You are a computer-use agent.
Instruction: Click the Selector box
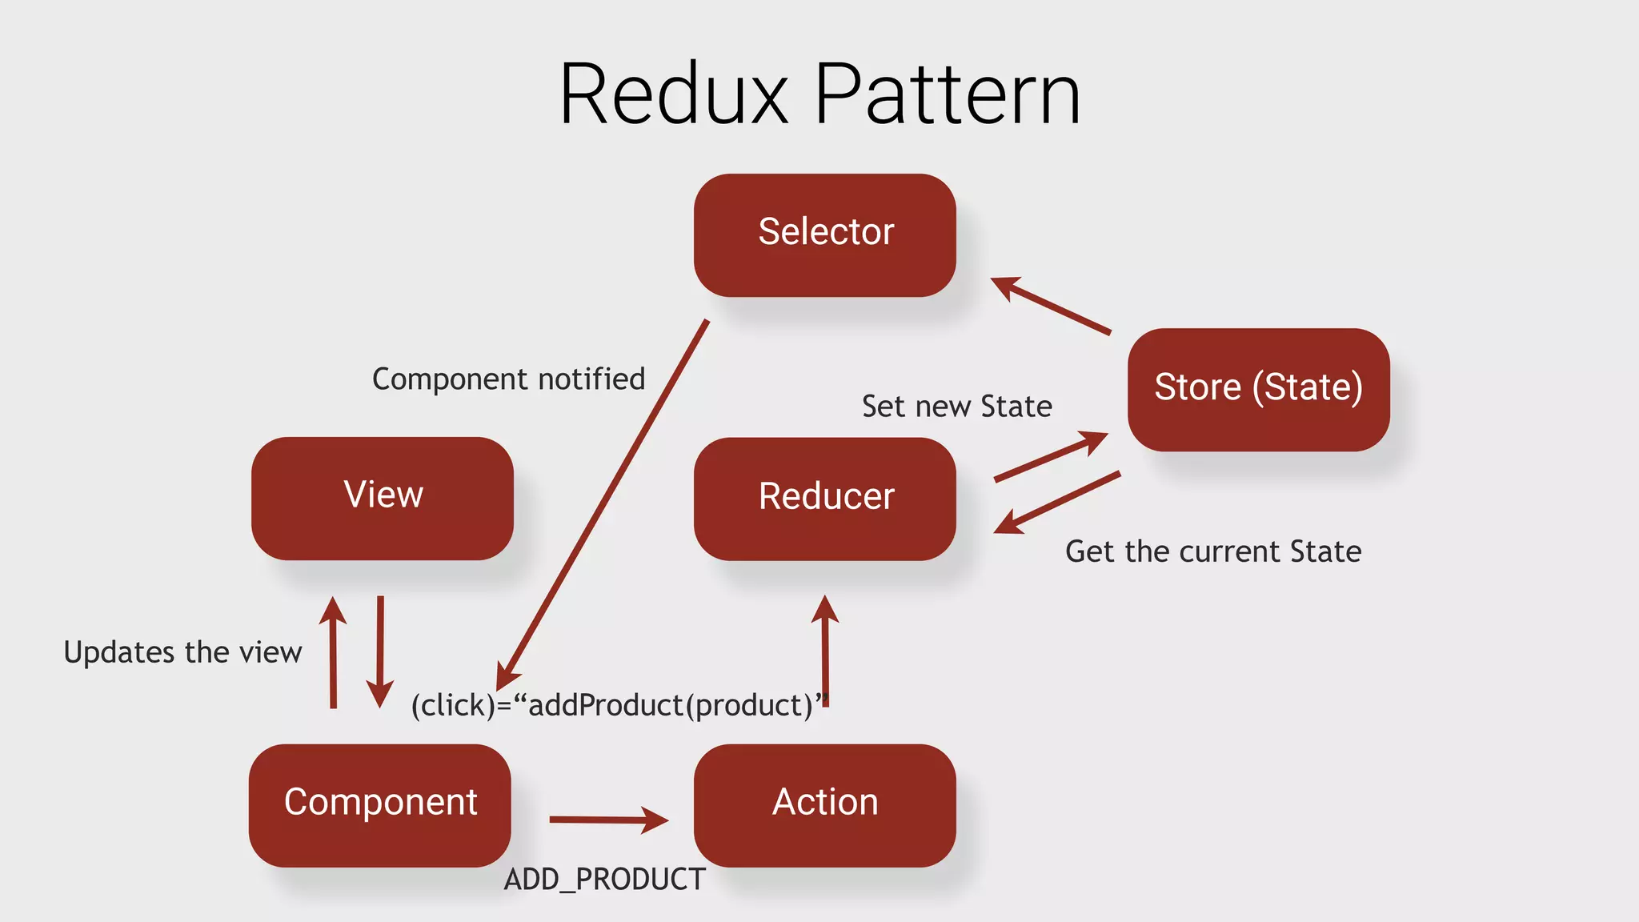(824, 235)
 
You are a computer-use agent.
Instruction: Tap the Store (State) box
(1258, 389)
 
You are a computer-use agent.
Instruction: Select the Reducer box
(824, 498)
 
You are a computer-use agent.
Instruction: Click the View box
(383, 497)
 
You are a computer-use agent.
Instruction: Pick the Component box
(379, 804)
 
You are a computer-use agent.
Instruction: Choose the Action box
(824, 804)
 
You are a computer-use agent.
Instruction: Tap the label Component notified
(508, 379)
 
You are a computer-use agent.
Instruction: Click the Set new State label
(956, 407)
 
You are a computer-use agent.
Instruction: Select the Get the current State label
(1212, 551)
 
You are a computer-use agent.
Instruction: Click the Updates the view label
(182, 652)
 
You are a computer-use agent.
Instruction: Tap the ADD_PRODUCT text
(604, 879)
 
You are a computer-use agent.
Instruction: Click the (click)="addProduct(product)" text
(616, 706)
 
